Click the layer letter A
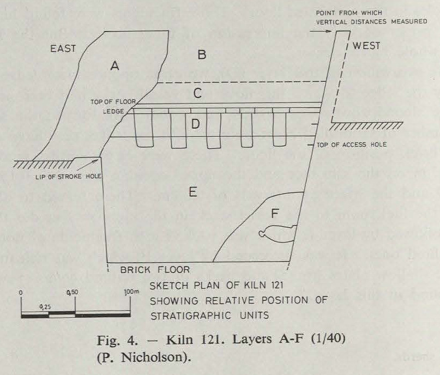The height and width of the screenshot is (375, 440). [114, 66]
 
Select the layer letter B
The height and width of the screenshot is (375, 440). [202, 55]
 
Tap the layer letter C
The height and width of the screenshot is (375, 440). [198, 93]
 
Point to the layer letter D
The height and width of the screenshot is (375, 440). [195, 125]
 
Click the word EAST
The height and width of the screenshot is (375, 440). [63, 50]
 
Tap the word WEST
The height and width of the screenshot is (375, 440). [366, 46]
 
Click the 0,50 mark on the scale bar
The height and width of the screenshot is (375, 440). [71, 293]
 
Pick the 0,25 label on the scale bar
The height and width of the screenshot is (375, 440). [47, 307]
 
